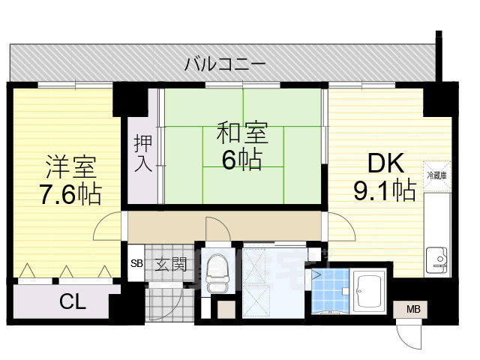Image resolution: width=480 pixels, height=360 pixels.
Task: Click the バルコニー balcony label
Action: pos(225,64)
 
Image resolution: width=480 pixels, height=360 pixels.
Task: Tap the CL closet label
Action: pos(73,302)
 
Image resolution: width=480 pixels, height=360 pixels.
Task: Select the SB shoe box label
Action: pos(136,264)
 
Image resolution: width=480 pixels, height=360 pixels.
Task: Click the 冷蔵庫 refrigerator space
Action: pos(436,175)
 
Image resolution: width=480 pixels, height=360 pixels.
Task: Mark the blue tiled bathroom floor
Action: pos(331,292)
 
